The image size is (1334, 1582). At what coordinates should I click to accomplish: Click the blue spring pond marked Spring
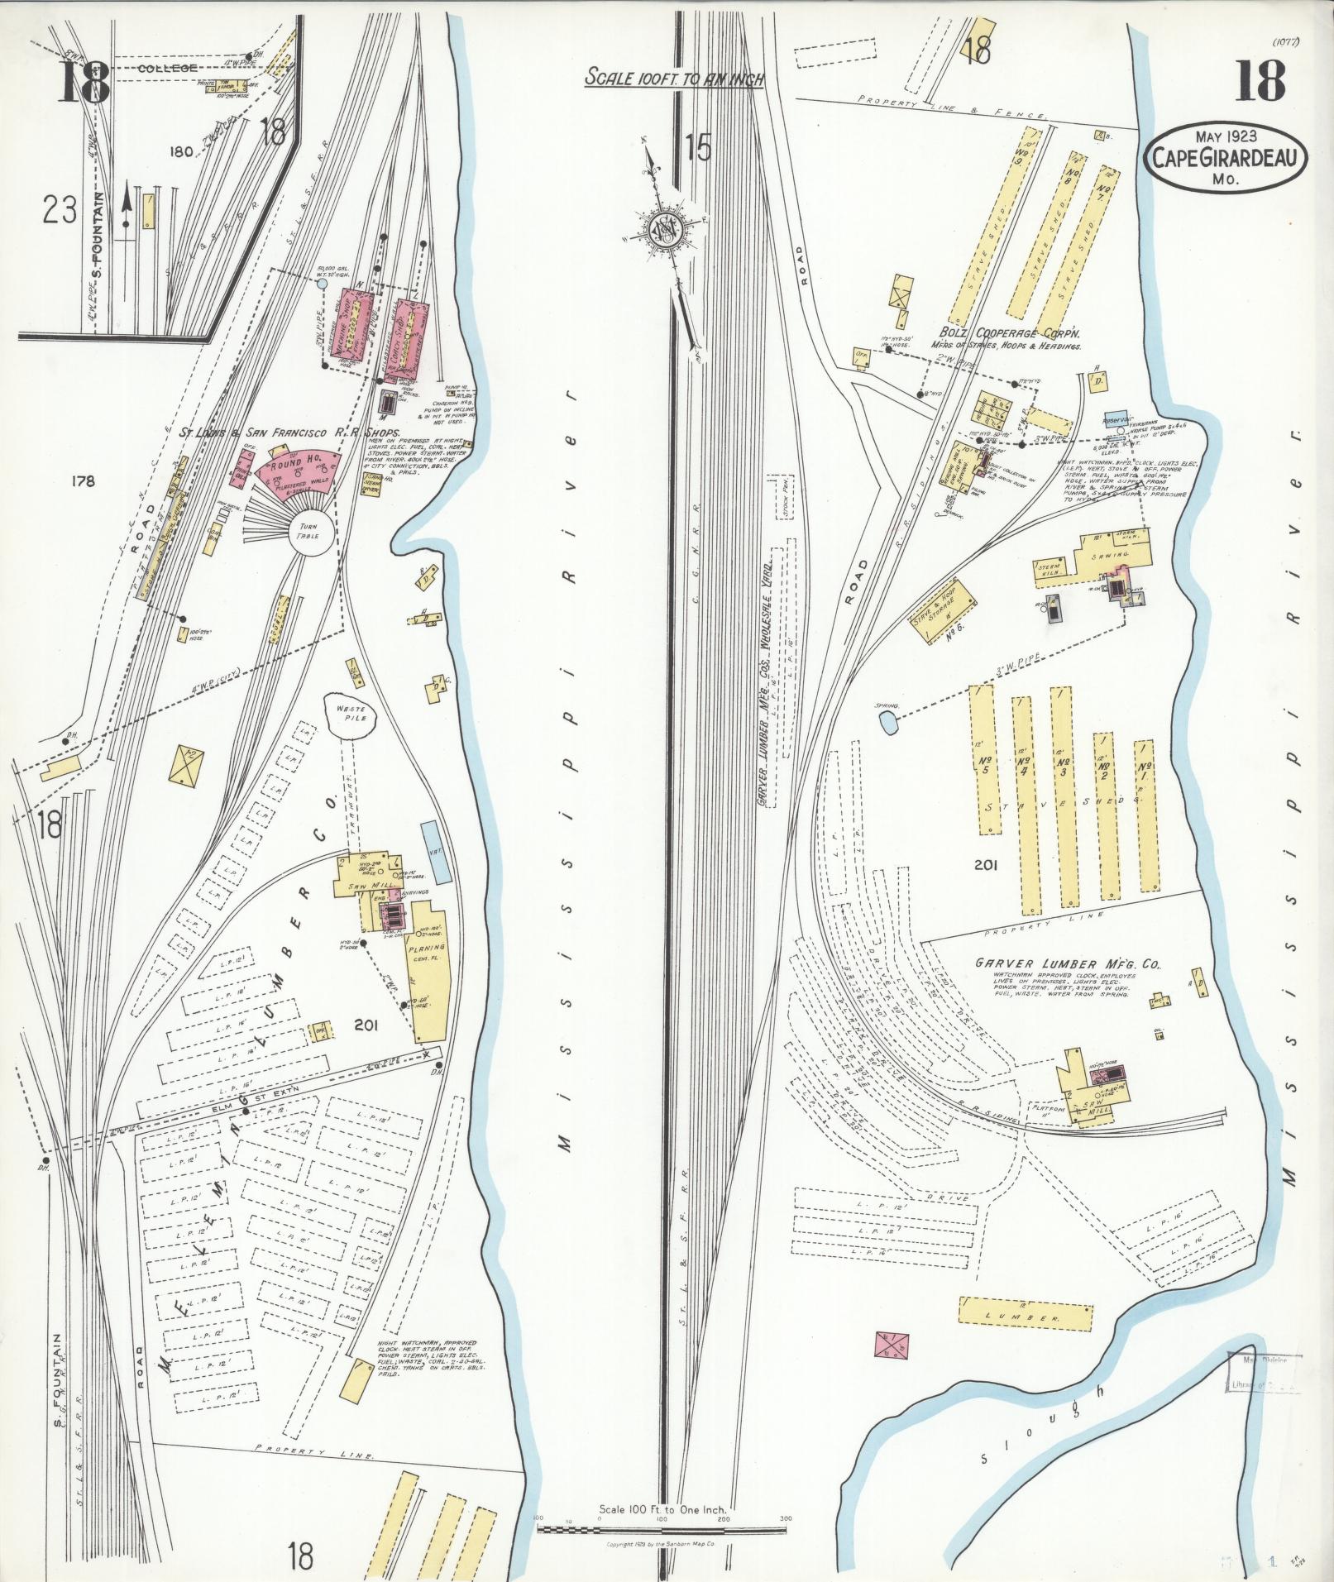coord(888,724)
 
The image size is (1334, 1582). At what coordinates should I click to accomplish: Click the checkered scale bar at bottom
coord(662,1530)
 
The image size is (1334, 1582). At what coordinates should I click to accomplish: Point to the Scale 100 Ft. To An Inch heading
coord(674,78)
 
